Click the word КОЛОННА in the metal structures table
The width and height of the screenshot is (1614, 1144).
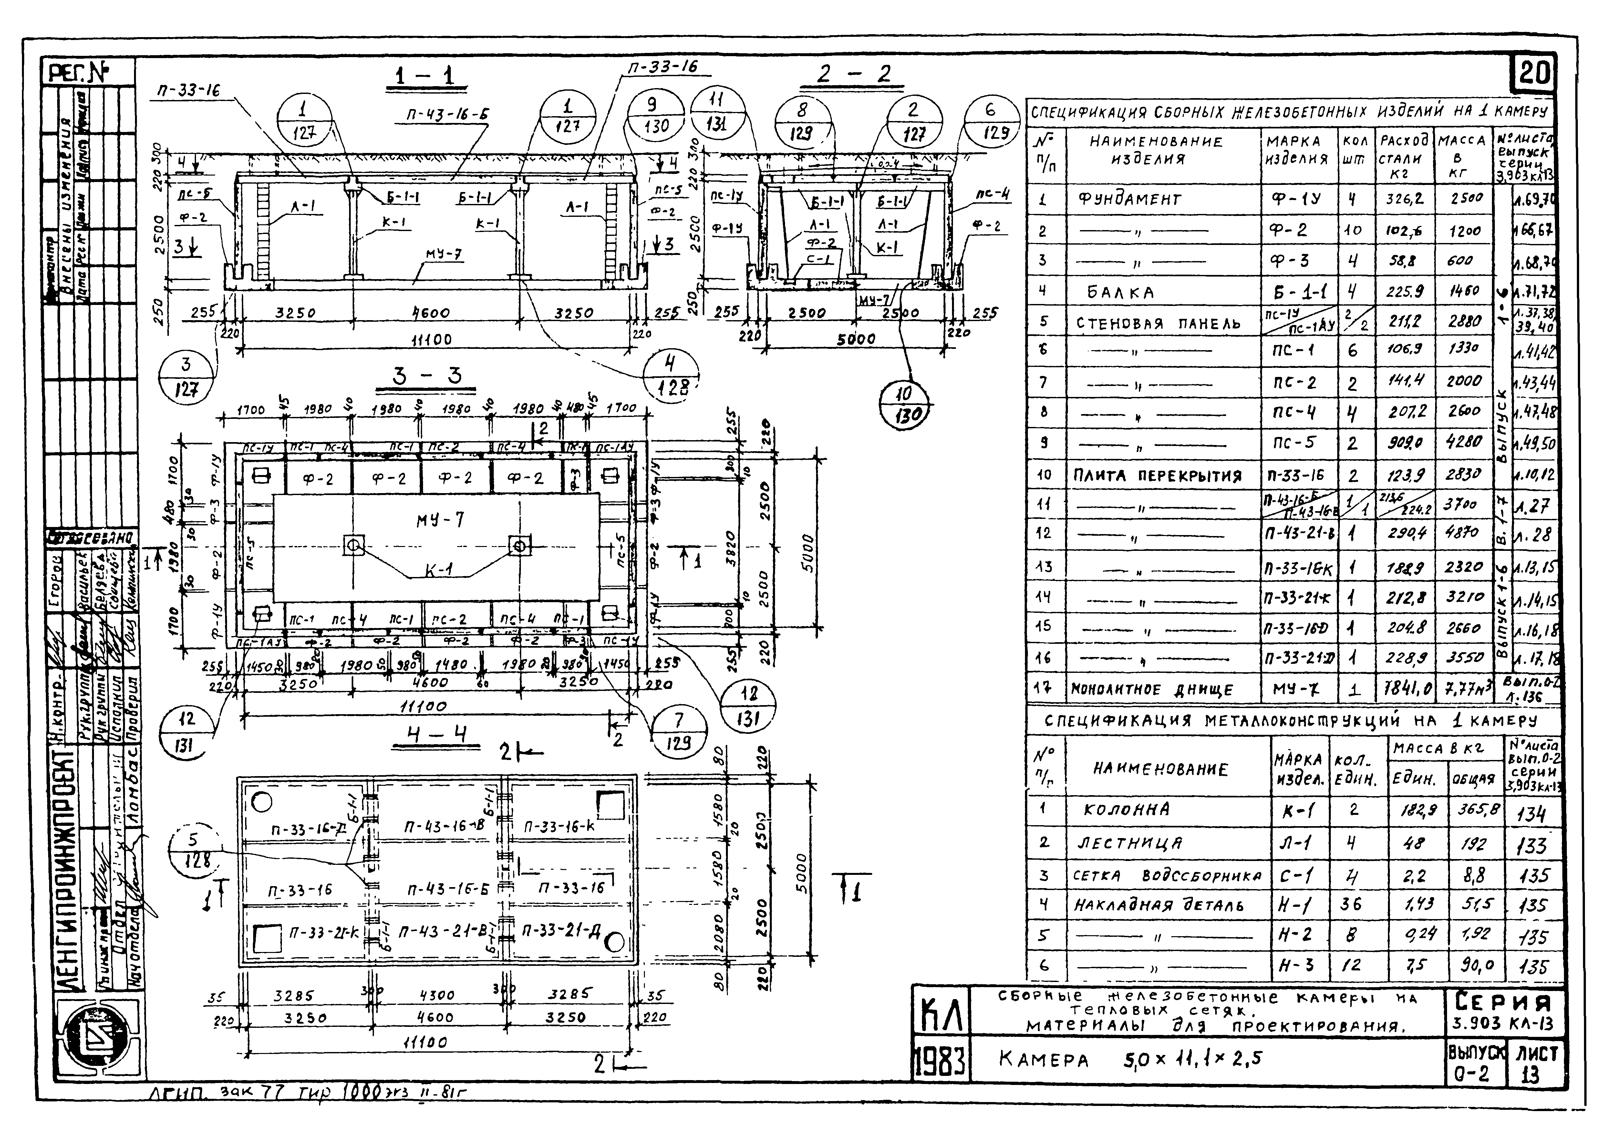[1126, 810]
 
